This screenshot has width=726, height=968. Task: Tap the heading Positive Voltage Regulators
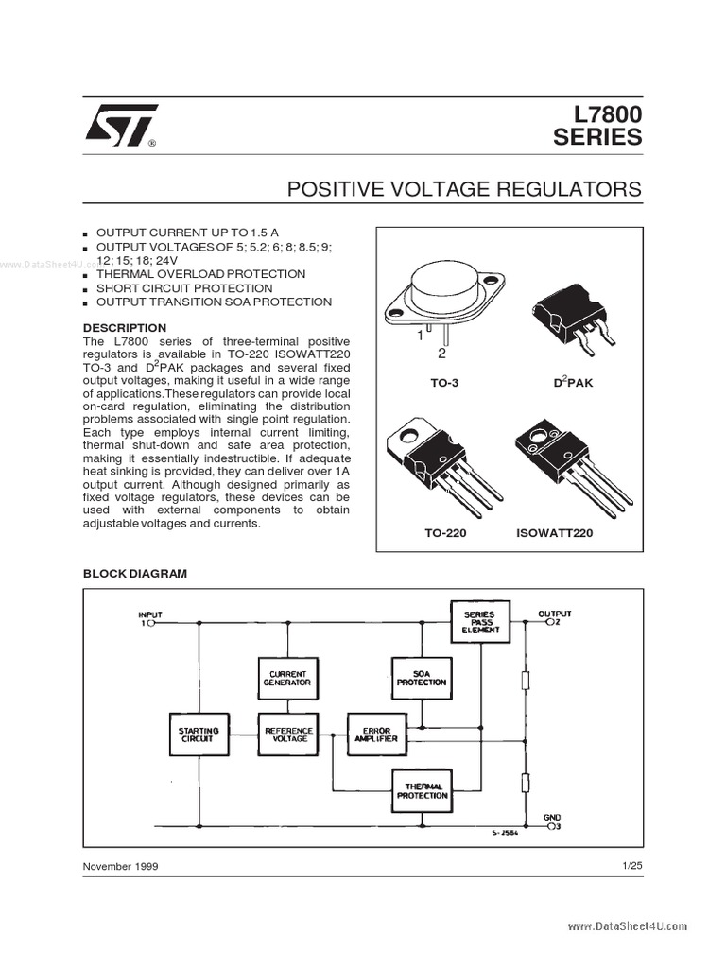coord(464,189)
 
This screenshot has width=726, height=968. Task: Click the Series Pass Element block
coord(479,621)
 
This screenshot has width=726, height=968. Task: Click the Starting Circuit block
coord(199,734)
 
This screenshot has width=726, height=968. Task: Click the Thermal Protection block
coord(421,790)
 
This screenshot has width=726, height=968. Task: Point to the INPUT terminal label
coord(150,614)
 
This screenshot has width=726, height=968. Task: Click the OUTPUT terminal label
coord(555,614)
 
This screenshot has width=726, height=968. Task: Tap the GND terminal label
coord(552,816)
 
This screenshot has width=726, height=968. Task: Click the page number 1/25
coord(632,865)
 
